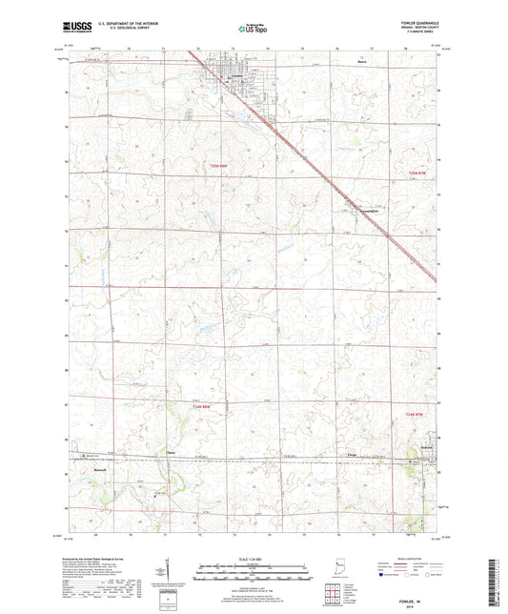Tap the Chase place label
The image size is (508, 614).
pyautogui.click(x=172, y=452)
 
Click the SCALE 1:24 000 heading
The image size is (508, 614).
pyautogui.click(x=254, y=559)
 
